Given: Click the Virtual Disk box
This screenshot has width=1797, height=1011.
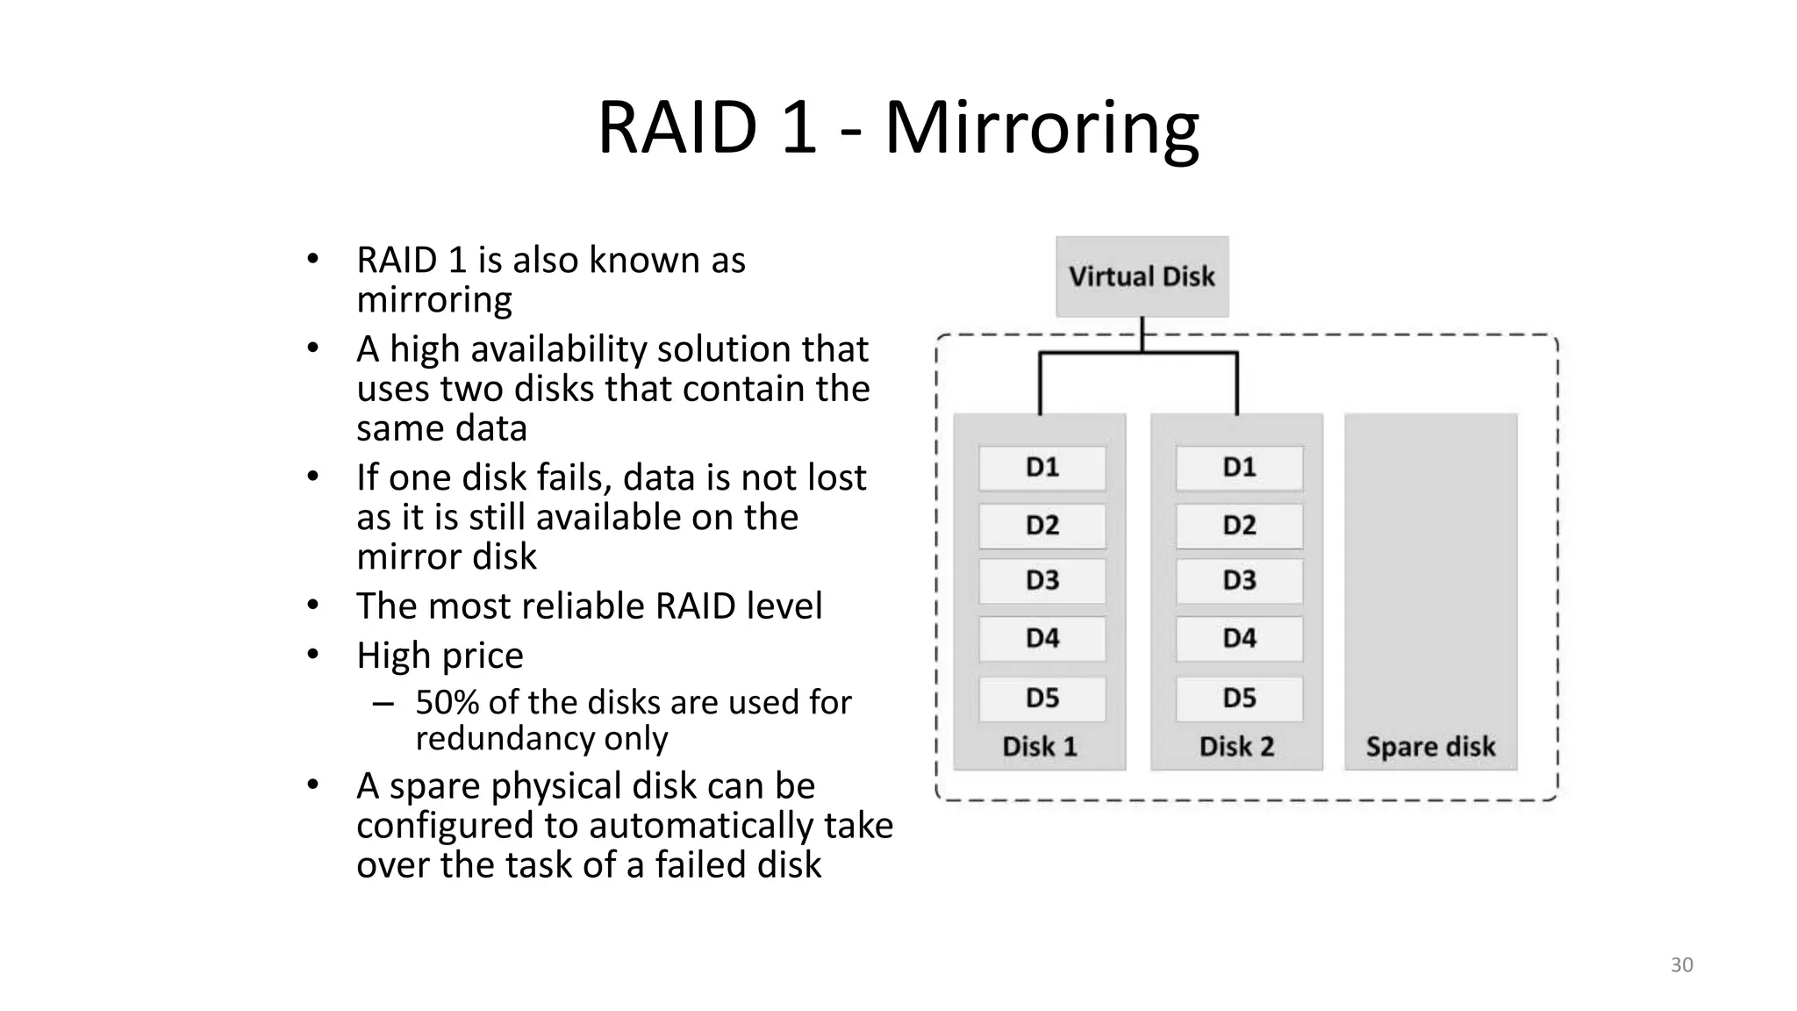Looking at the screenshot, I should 1142,276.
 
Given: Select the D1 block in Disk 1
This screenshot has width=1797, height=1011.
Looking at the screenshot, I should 1042,468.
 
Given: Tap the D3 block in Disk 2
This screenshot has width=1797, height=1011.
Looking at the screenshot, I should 1239,580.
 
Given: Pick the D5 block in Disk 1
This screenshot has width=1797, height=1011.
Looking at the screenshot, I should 1042,699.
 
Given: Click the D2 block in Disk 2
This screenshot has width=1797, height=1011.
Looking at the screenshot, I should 1239,525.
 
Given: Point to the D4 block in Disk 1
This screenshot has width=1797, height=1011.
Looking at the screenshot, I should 1042,638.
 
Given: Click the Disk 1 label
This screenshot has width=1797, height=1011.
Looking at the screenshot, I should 1039,747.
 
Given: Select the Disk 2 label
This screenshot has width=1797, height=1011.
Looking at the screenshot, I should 1236,747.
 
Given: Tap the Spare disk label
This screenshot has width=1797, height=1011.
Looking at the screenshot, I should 1430,747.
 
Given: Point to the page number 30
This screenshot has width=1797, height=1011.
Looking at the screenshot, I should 1681,965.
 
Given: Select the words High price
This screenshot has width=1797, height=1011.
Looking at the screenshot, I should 440,656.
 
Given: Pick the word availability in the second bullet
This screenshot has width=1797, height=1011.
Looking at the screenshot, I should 562,349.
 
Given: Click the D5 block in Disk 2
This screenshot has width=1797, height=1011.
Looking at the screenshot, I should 1239,699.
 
